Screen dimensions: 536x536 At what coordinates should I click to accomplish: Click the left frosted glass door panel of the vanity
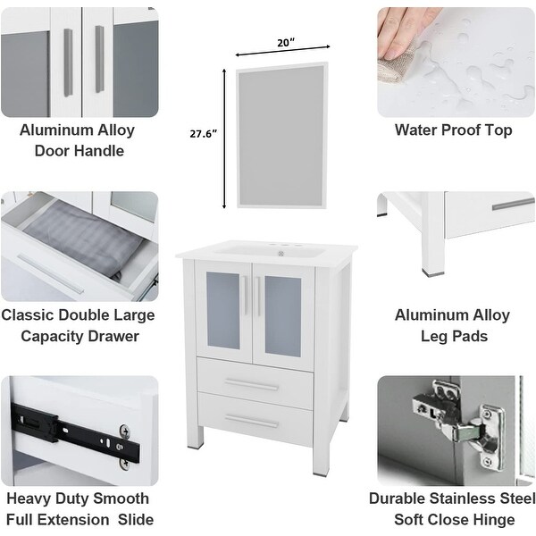tap(223, 310)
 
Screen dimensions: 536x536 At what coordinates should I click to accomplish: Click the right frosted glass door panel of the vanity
tap(283, 310)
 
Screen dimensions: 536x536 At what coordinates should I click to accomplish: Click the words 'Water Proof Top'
tap(453, 130)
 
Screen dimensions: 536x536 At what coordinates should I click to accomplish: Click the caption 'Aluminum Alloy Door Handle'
tap(79, 140)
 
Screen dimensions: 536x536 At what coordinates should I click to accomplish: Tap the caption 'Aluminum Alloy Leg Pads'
tap(452, 325)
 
